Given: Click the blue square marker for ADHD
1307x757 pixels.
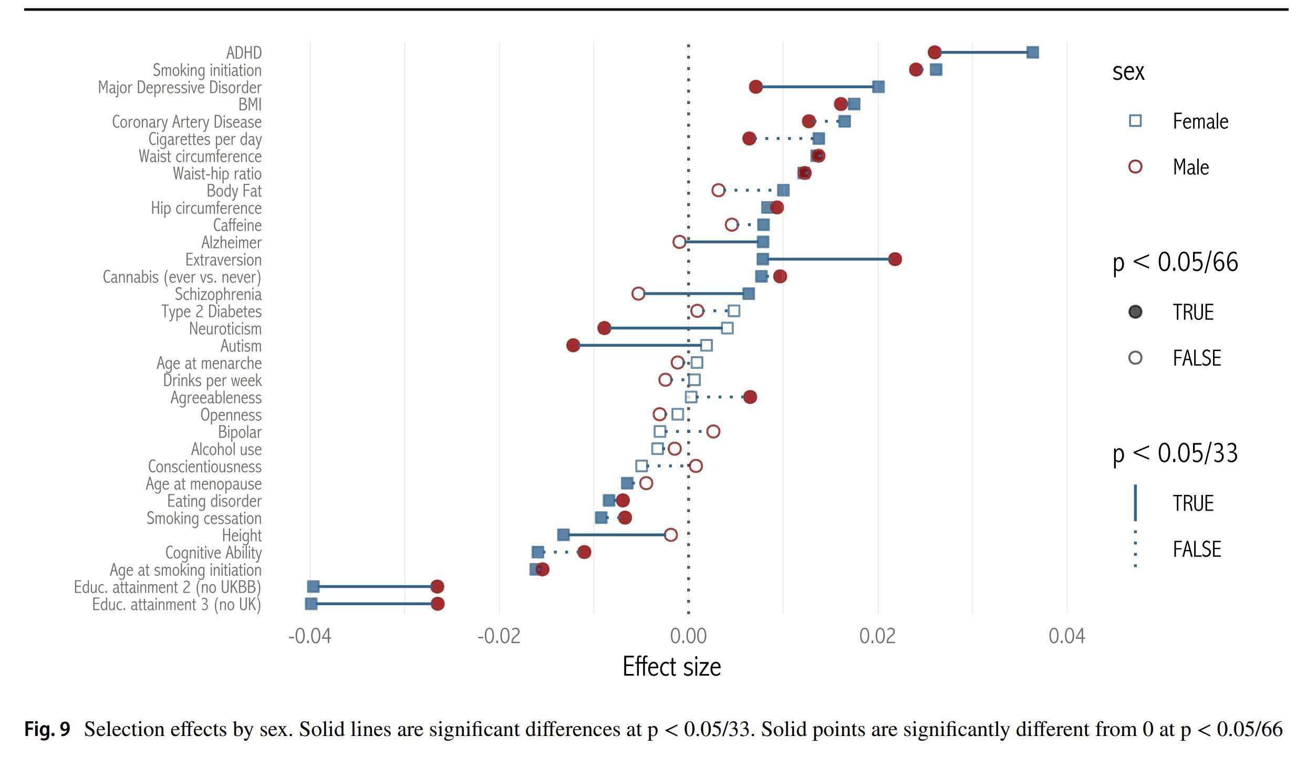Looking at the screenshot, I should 1032,53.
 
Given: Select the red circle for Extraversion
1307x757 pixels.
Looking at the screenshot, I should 895,259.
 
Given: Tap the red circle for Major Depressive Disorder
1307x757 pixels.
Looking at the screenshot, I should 755,87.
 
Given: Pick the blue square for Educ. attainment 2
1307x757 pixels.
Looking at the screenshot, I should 313,587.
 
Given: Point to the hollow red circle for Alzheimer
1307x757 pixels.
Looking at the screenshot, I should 679,242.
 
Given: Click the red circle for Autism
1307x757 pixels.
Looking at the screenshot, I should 573,345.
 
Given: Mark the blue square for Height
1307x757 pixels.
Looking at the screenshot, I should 563,535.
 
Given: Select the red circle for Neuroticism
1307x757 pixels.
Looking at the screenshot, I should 604,328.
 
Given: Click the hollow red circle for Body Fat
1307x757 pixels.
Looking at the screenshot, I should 718,190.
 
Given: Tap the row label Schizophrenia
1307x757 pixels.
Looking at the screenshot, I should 218,294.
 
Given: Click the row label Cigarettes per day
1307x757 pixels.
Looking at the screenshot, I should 205,139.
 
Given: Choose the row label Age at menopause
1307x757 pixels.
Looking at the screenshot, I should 203,484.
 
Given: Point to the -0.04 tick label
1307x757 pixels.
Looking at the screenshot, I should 310,636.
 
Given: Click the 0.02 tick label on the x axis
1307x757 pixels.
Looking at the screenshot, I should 877,636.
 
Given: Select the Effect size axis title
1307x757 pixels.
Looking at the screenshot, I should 671,667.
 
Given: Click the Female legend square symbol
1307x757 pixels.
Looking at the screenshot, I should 1135,121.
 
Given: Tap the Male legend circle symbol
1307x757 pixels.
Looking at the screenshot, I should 1135,167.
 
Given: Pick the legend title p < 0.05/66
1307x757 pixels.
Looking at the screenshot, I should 1175,262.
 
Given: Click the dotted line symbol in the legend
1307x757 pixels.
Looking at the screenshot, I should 1135,549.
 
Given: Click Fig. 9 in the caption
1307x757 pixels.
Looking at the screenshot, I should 47,729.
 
